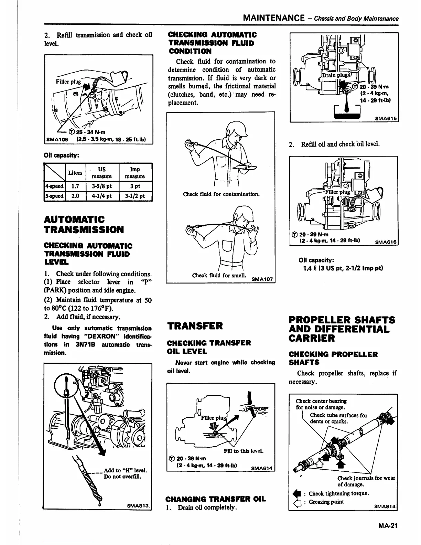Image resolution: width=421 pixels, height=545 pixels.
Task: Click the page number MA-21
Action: pyautogui.click(x=387, y=525)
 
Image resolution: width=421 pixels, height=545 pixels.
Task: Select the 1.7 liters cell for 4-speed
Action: pyautogui.click(x=75, y=186)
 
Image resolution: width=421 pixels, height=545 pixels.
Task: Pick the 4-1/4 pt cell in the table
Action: pyautogui.click(x=102, y=196)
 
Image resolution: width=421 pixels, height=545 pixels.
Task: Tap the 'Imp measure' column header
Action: pyautogui.click(x=135, y=173)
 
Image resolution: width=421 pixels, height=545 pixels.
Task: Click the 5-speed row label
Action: pyautogui.click(x=54, y=196)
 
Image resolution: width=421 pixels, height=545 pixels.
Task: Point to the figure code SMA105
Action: pyautogui.click(x=57, y=140)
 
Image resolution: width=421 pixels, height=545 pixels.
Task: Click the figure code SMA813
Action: pyautogui.click(x=137, y=506)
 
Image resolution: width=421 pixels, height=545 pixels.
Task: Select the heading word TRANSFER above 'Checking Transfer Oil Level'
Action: pyautogui.click(x=195, y=326)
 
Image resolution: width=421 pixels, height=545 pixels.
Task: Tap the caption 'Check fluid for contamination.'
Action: pyautogui.click(x=221, y=194)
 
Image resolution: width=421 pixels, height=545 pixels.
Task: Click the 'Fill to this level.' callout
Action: pyautogui.click(x=244, y=451)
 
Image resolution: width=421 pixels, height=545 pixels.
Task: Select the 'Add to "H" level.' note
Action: pyautogui.click(x=125, y=470)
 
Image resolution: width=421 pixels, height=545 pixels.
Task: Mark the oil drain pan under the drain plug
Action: pyautogui.click(x=347, y=114)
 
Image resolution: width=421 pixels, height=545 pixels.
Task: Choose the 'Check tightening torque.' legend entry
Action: pyautogui.click(x=338, y=493)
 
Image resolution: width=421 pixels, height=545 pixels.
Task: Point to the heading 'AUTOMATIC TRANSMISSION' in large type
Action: pyautogui.click(x=84, y=224)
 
